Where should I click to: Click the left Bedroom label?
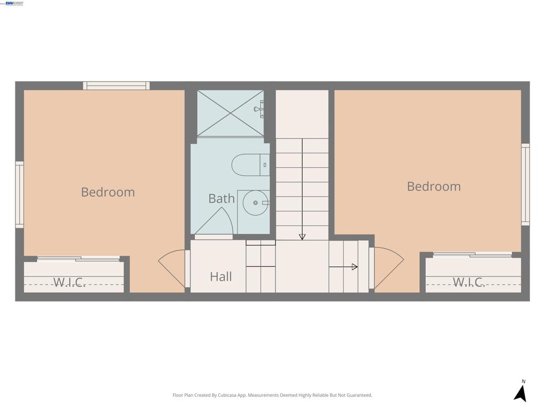coord(108,192)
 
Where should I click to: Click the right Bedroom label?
coord(433,186)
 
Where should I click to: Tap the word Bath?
coord(221,199)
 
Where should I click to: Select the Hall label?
coord(220,276)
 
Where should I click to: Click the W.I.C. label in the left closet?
coord(70,282)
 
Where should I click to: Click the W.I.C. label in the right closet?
coord(468,282)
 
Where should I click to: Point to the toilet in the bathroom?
coord(250,165)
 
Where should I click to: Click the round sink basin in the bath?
coord(255,203)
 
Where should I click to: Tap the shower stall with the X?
coord(230,113)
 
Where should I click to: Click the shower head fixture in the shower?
coord(259,109)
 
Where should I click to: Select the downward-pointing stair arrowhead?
coord(302,236)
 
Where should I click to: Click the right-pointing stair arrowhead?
coord(354,267)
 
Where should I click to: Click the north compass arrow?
coord(521,393)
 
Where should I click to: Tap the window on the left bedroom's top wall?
coord(116,85)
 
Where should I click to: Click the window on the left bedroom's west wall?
coord(20,194)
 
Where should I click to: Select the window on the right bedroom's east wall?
coord(525,184)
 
